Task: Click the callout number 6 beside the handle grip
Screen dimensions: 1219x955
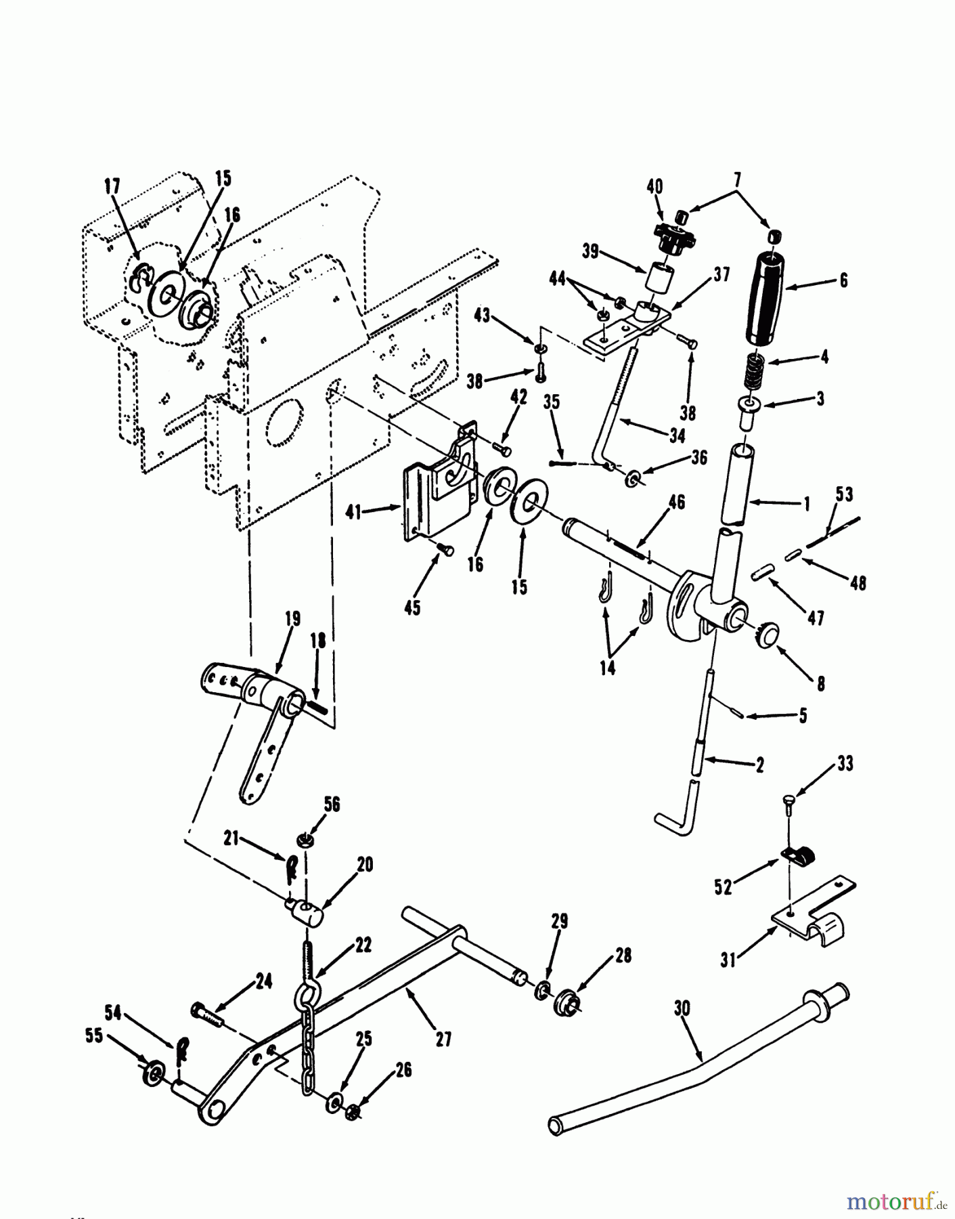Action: pos(843,280)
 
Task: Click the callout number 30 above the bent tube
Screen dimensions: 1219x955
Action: pos(682,1009)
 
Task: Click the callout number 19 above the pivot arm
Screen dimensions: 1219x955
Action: pos(292,619)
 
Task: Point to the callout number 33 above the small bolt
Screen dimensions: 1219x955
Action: pos(845,764)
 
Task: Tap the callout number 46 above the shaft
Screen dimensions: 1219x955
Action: pos(676,502)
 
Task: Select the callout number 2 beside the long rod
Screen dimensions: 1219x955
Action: pos(759,765)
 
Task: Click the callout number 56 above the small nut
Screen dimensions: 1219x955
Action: pos(332,805)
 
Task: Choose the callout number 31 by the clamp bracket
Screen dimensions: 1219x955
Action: pos(728,961)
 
